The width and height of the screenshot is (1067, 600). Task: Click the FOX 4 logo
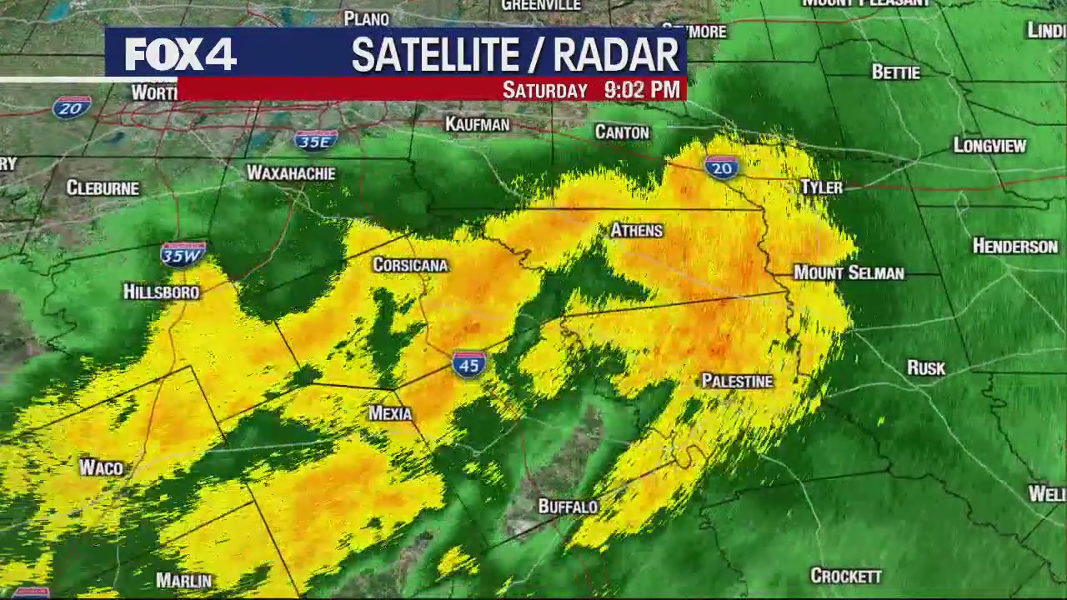click(180, 55)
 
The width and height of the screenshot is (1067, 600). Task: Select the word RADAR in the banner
click(616, 56)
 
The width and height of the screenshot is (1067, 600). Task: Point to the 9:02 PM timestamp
click(642, 90)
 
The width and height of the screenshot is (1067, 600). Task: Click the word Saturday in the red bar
click(545, 91)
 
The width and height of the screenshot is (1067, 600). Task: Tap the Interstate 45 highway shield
click(469, 364)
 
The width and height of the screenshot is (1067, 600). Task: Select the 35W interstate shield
click(183, 254)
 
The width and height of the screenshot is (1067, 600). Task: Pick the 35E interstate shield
click(316, 141)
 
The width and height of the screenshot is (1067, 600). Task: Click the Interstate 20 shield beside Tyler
click(721, 167)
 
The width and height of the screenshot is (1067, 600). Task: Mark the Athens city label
click(637, 230)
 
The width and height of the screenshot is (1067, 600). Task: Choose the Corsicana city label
click(410, 265)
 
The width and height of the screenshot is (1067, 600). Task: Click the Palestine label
click(737, 381)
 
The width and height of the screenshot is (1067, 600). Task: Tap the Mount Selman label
click(849, 272)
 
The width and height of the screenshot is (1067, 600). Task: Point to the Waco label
click(102, 467)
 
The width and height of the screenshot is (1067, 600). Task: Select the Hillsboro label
click(162, 292)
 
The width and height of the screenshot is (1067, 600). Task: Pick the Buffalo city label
click(568, 506)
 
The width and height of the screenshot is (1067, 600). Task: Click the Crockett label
click(846, 576)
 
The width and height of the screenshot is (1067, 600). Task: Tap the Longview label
click(989, 146)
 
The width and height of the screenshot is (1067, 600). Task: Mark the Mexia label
click(390, 413)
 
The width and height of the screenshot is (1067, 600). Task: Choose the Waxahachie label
click(291, 173)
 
